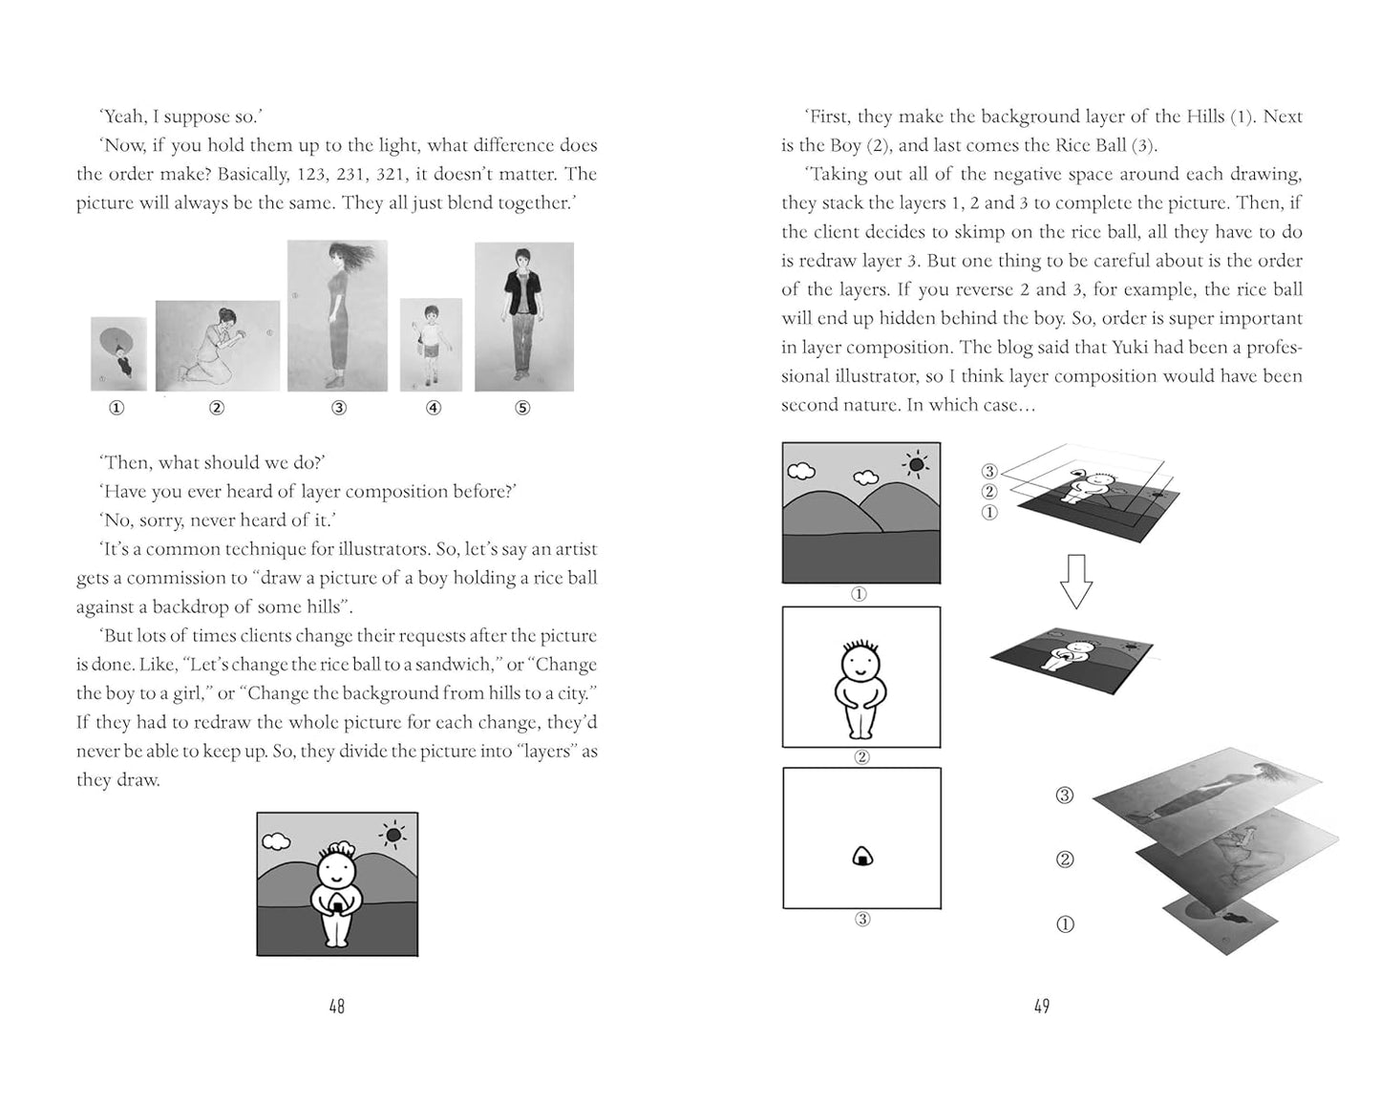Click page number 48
pos(336,1006)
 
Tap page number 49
pos(1041,1006)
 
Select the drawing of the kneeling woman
pos(217,345)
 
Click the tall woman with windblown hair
pos(337,315)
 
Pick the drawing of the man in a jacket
pos(523,316)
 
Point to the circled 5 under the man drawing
pos(522,408)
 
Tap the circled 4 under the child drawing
pos(434,408)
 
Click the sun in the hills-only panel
pos(916,465)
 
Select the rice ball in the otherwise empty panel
pos(861,857)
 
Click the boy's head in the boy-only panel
pos(860,661)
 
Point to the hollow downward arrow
pos(1076,581)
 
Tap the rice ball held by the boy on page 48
pos(336,902)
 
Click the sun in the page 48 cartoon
pos(393,835)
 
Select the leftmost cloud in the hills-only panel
pos(800,470)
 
